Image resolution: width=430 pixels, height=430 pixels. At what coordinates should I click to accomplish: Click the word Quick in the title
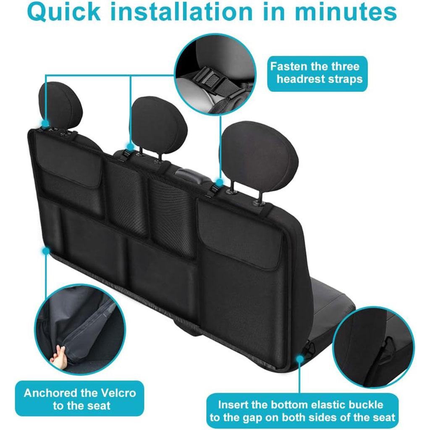pyautogui.click(x=64, y=12)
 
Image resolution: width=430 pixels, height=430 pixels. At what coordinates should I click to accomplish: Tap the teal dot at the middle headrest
pyautogui.click(x=131, y=147)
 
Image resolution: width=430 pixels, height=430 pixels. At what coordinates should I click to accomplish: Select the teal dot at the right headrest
pyautogui.click(x=219, y=182)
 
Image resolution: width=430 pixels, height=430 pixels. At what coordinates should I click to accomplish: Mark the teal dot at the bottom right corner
pyautogui.click(x=300, y=359)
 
